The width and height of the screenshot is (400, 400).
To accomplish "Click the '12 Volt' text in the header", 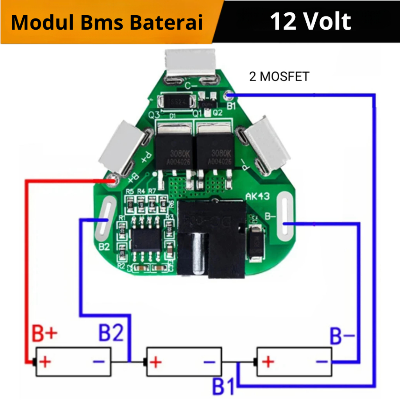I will click(x=311, y=21).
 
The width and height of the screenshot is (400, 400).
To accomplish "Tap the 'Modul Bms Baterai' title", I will click(x=107, y=23).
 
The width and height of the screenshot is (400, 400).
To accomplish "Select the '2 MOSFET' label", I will click(x=279, y=77).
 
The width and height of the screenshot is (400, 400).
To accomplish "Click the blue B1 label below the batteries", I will click(x=223, y=387).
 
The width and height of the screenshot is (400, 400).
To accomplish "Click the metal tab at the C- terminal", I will click(x=190, y=62).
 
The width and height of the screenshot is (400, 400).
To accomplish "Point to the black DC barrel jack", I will click(x=211, y=238).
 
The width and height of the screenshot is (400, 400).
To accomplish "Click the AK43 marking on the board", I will click(x=257, y=196).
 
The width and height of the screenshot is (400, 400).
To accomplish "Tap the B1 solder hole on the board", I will click(x=229, y=95).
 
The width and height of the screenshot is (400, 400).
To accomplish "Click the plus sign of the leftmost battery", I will click(x=45, y=362).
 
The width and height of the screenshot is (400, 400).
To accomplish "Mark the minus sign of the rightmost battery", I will click(x=321, y=362).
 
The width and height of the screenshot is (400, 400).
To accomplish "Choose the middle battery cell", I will click(x=183, y=362).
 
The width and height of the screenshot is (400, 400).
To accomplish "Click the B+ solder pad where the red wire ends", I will click(x=113, y=180).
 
